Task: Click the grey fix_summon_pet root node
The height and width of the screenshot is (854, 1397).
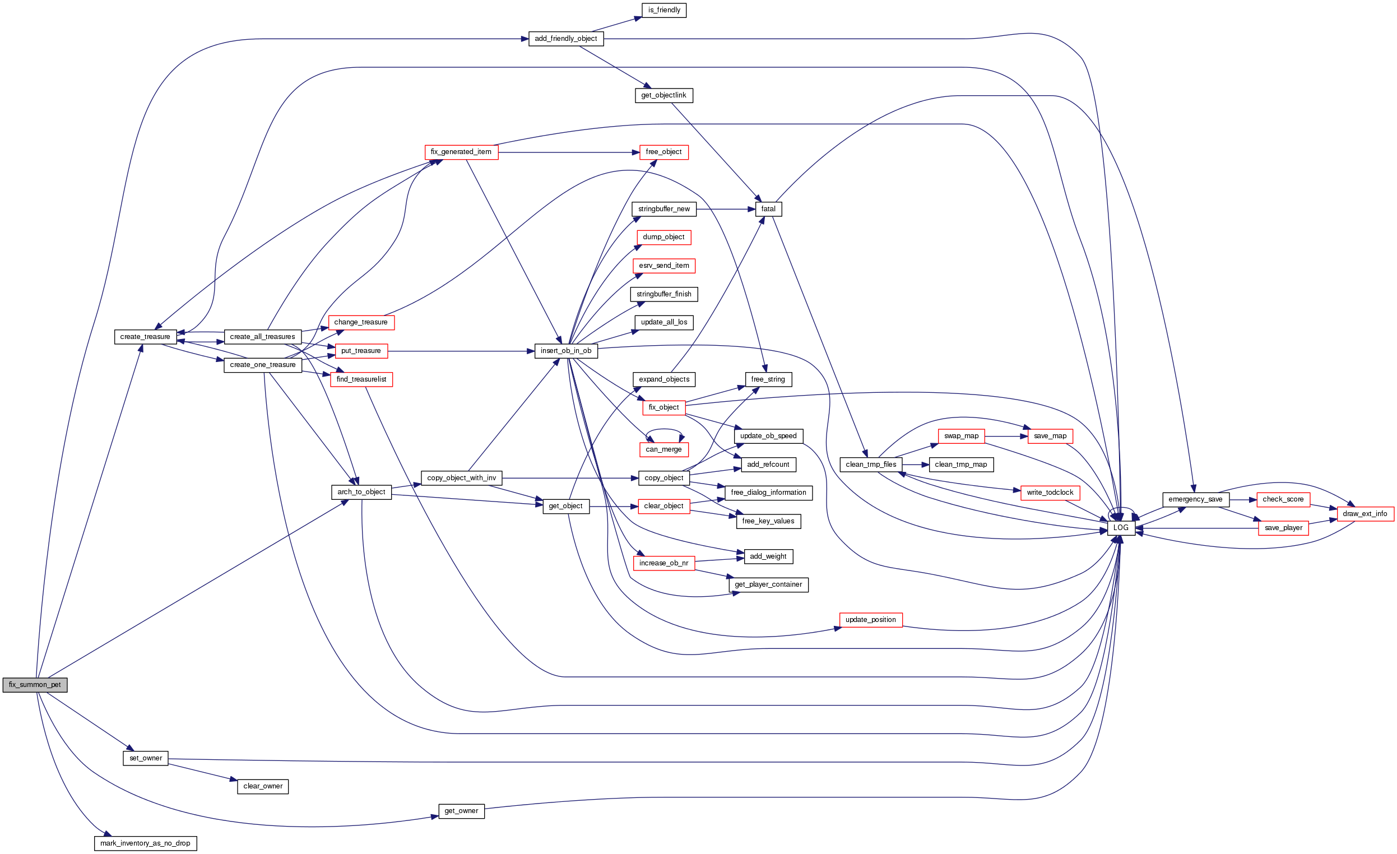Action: [35, 685]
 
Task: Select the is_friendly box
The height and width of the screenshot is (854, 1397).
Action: [664, 10]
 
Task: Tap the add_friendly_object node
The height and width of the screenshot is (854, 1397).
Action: [566, 39]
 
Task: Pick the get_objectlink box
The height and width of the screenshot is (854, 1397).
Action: [663, 95]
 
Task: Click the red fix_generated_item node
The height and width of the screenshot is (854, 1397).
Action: [461, 152]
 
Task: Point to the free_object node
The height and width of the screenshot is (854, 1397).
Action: [663, 152]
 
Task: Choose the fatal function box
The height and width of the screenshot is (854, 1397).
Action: [768, 209]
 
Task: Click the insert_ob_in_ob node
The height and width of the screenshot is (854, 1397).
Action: [566, 351]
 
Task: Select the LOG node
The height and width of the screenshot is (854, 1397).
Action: [1121, 528]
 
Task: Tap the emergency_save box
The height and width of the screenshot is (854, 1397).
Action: [1196, 500]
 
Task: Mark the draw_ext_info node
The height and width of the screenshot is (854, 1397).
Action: [1364, 514]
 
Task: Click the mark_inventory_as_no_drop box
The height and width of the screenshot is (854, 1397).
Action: [145, 843]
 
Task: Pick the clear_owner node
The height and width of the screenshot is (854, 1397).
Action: [262, 787]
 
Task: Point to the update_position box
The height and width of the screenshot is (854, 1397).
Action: [870, 620]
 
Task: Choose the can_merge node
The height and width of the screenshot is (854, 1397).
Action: [663, 449]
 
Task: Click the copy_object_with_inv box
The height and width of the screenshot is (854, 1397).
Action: [462, 478]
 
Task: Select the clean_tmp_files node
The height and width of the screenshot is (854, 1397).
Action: [871, 465]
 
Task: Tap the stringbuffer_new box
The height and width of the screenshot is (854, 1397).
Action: [664, 209]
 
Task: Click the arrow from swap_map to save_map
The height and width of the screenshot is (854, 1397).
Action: [1006, 436]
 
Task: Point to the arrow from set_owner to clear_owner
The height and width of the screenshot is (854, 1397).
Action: [202, 772]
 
